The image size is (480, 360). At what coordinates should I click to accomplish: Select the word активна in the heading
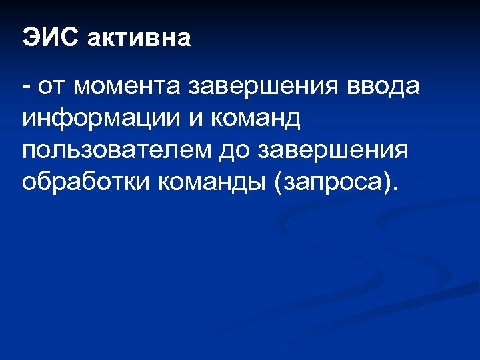[139, 38]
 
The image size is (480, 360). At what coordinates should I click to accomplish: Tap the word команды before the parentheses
[212, 182]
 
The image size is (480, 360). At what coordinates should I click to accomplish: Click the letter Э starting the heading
[29, 37]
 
